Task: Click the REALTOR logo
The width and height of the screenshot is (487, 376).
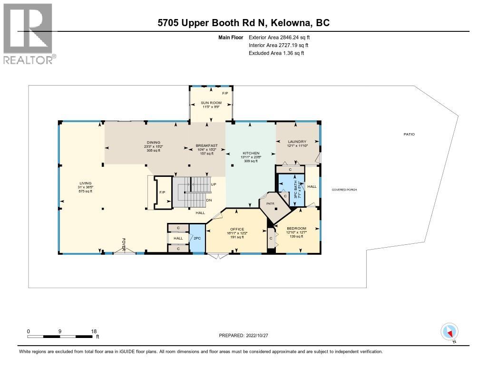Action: click(29, 33)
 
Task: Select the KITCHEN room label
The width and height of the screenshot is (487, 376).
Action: click(250, 153)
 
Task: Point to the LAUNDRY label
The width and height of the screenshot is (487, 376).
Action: click(297, 142)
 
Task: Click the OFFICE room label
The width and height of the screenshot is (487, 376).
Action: click(237, 229)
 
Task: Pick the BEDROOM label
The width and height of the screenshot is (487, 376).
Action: click(296, 228)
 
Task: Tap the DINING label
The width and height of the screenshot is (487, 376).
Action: click(153, 142)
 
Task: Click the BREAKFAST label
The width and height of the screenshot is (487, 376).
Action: click(207, 145)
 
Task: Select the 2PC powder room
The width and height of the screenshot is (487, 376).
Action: click(197, 239)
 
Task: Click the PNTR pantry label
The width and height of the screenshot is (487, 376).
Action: click(270, 202)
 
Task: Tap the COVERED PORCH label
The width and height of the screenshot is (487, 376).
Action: click(344, 190)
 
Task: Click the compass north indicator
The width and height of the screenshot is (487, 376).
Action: click(449, 332)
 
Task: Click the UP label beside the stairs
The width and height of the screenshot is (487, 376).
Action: click(214, 184)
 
